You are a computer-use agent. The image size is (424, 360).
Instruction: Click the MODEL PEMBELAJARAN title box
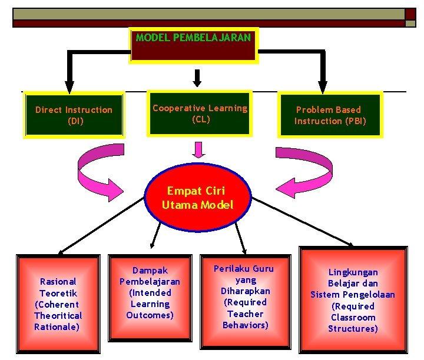pos(194,45)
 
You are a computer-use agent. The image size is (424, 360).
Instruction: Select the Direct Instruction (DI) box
pos(74,115)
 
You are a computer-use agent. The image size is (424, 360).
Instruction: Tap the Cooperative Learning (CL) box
pos(200,113)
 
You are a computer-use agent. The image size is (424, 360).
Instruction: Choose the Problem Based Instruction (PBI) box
pos(330,115)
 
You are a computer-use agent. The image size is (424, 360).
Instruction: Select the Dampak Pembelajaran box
pos(150,293)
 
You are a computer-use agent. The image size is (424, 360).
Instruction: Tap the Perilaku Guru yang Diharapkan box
pos(245,296)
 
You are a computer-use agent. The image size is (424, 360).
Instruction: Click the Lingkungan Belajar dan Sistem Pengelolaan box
pos(353,300)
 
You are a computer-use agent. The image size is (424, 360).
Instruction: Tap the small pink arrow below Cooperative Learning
pos(200,150)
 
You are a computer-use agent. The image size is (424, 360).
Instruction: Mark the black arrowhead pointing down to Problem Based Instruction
pos(322,85)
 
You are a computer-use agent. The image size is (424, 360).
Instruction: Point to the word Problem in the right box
pos(313,110)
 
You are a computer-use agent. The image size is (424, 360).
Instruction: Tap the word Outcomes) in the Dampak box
pos(150,315)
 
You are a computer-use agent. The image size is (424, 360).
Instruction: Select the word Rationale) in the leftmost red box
pos(57,326)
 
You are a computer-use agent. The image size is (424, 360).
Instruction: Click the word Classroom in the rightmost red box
pos(353,318)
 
